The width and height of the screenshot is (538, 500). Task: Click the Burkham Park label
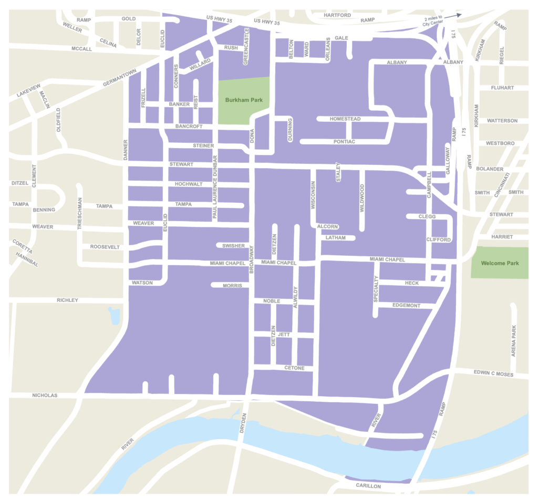243,100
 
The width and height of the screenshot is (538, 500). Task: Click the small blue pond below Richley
114,315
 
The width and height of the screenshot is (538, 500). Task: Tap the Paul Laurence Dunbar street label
215,187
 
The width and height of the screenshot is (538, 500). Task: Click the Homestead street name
345,119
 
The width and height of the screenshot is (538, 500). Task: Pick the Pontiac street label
345,142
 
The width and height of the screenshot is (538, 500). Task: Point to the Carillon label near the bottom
368,486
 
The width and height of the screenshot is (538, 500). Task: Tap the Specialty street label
376,289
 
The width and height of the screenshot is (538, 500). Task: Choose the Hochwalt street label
188,184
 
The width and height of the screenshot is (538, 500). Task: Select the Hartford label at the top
337,15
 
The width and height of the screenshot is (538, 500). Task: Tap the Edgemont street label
407,305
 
